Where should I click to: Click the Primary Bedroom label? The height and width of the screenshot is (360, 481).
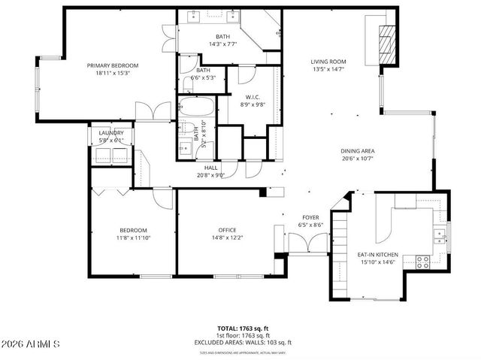113,65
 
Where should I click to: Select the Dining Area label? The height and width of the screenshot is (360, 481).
357,151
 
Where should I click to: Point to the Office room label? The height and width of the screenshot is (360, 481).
228,230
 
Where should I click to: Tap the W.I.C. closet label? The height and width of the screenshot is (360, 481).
252,96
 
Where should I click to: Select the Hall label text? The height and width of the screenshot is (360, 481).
210,168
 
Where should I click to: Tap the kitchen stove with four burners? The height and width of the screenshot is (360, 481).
422,262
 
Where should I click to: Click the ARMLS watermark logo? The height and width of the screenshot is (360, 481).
31,343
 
